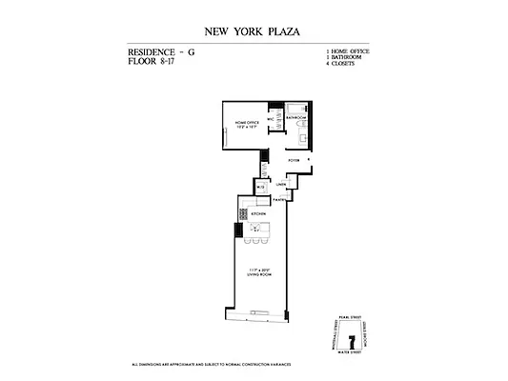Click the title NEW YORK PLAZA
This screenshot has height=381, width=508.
tap(253, 31)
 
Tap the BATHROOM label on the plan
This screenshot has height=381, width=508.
tap(295, 117)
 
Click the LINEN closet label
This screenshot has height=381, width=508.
tap(281, 184)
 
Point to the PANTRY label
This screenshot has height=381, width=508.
tap(279, 200)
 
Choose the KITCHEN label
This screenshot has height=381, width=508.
tap(257, 214)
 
